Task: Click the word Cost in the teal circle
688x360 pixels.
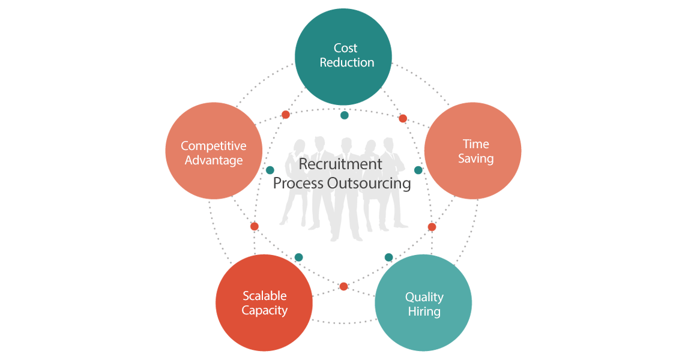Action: [345, 48]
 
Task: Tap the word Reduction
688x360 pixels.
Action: [346, 62]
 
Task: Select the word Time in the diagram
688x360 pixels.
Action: [475, 144]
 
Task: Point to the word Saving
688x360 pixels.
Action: [475, 158]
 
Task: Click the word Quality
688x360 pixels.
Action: [424, 297]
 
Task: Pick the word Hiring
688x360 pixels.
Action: [424, 311]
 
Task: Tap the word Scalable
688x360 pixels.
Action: [264, 296]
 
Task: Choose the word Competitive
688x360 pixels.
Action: [213, 146]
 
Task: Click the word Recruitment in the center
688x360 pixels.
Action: [340, 164]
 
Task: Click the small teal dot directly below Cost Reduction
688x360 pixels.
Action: [345, 115]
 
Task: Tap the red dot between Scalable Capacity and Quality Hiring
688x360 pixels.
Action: [343, 286]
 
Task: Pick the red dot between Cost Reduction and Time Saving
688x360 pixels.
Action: [403, 119]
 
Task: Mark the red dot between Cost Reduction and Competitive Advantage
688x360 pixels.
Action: [286, 115]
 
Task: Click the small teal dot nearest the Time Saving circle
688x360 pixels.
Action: [418, 170]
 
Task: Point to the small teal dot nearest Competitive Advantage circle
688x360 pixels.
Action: [270, 170]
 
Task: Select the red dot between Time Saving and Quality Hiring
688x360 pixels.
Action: [432, 227]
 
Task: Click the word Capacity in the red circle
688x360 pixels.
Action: [264, 310]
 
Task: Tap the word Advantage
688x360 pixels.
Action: [213, 160]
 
